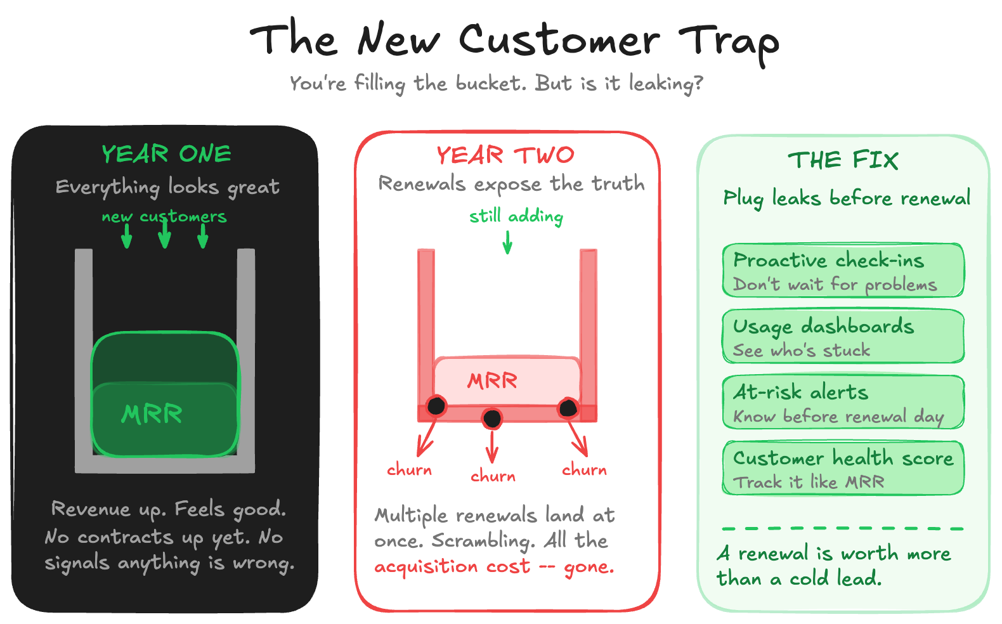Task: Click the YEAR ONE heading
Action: click(x=166, y=154)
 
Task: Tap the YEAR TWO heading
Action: click(x=505, y=155)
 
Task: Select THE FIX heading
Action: click(x=843, y=160)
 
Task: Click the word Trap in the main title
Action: click(x=729, y=42)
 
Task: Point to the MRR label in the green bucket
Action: click(x=152, y=414)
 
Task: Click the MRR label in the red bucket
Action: click(x=492, y=380)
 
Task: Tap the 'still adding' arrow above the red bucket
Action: click(x=507, y=242)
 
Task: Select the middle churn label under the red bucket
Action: click(x=493, y=476)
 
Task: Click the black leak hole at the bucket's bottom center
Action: click(x=492, y=419)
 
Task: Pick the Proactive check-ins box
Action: click(x=843, y=271)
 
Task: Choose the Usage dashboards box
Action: click(x=843, y=336)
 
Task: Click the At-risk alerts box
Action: click(x=843, y=403)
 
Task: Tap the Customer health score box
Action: click(x=843, y=468)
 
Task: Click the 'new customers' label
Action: click(x=164, y=217)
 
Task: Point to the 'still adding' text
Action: click(x=516, y=216)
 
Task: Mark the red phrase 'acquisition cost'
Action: click(x=452, y=566)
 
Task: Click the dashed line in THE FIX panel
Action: click(x=843, y=528)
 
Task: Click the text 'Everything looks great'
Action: click(x=167, y=187)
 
